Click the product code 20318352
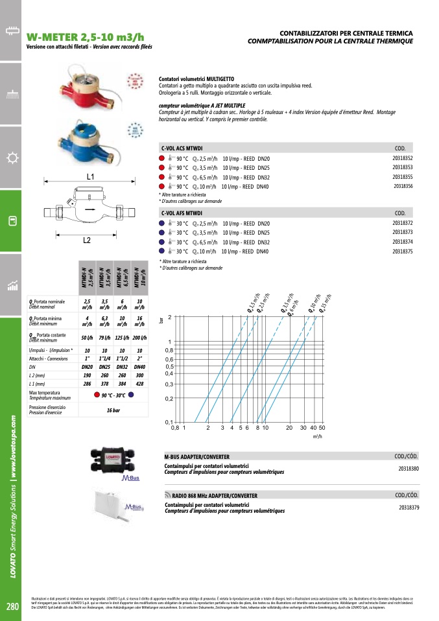click(402, 158)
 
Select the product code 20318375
click(402, 251)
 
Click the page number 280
click(12, 607)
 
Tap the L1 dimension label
click(90, 176)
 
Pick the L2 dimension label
click(87, 240)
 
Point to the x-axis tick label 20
click(289, 428)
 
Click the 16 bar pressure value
click(113, 410)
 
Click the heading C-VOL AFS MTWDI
click(182, 213)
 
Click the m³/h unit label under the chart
click(317, 438)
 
